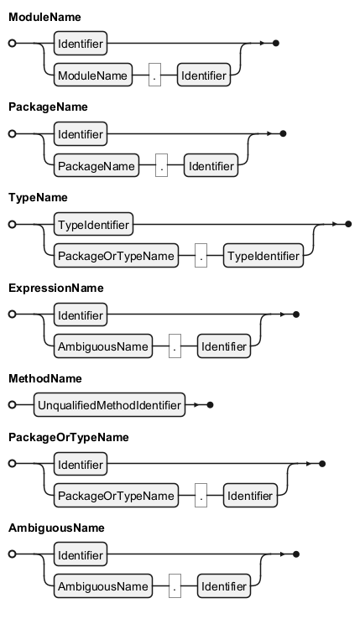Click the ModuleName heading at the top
pos(44,17)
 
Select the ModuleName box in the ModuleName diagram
pos(93,75)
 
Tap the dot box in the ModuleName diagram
pos(154,75)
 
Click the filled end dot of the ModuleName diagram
pos(276,43)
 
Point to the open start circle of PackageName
pos(13,133)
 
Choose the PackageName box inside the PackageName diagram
pos(97,165)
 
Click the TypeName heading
pos(38,198)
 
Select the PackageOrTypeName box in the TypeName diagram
pos(116,256)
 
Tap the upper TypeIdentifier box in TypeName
pos(94,224)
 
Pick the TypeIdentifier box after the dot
pos(263,256)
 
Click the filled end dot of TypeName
pos(348,224)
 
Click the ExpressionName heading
pos(56,289)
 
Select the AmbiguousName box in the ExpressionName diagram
pos(103,346)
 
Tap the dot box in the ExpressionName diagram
pos(175,346)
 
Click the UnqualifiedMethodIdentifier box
pos(109,404)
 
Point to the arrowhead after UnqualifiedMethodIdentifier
pos(196,404)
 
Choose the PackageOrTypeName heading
pos(69,437)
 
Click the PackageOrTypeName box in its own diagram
pos(116,496)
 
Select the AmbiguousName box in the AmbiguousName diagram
pos(103,586)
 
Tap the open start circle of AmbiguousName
pos(13,554)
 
